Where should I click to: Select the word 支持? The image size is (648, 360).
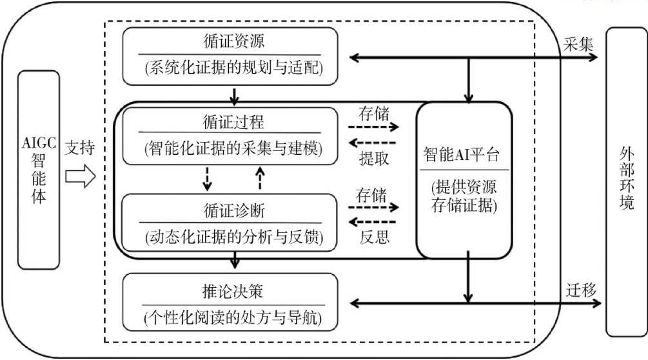click(80, 149)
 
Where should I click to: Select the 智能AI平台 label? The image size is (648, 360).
click(464, 155)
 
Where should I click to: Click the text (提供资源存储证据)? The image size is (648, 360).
click(464, 198)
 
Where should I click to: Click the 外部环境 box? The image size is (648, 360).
click(626, 181)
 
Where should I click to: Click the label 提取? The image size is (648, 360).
click(373, 159)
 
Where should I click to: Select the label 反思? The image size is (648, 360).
click(373, 237)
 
